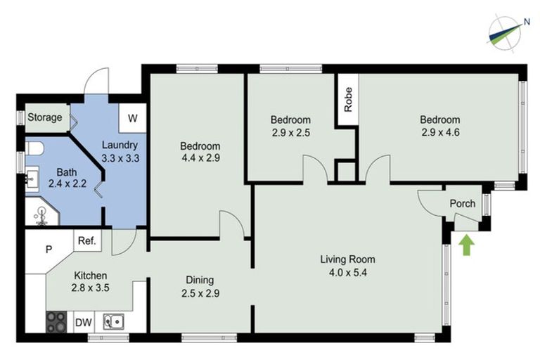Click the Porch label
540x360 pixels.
point(463,204)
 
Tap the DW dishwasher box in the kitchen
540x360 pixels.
point(84,323)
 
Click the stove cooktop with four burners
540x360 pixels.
point(56,322)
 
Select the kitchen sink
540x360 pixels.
point(113,322)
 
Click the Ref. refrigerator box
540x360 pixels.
point(86,240)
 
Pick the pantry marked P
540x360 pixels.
point(49,249)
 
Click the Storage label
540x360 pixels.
point(45,117)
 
